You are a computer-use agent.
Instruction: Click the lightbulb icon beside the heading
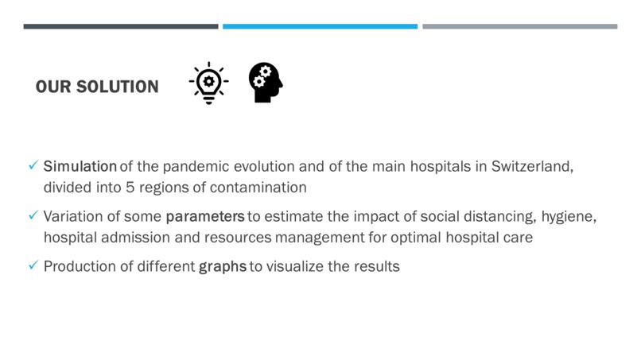(208, 83)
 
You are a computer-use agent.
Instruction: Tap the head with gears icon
(265, 83)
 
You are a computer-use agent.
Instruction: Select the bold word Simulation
(80, 167)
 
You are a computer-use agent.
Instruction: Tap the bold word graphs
(223, 266)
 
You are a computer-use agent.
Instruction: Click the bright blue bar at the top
(320, 26)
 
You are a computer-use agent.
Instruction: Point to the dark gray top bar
(121, 26)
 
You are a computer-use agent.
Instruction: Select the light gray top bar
(519, 26)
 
